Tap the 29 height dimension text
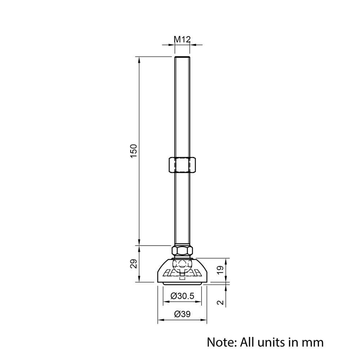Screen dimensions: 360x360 click(134, 264)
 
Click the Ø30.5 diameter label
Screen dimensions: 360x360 click(182, 296)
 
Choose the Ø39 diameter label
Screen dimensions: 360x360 click(182, 314)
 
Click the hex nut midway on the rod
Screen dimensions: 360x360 click(182, 165)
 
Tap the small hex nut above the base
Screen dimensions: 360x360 click(182, 251)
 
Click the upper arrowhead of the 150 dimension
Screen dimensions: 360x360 click(139, 59)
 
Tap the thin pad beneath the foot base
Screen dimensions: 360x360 click(182, 284)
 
